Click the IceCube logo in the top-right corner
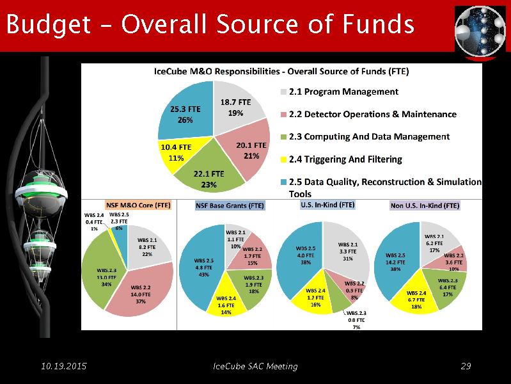(x=480, y=33)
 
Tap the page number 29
(x=466, y=366)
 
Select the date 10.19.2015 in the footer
(x=63, y=366)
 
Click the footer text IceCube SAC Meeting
(x=255, y=366)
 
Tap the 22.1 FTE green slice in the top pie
(x=208, y=175)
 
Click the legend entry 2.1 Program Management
(x=343, y=92)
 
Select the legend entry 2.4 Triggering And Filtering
(x=345, y=159)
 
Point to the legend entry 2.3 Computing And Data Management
(x=369, y=136)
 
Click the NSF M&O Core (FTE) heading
(x=138, y=207)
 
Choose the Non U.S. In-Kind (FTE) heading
(x=425, y=206)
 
